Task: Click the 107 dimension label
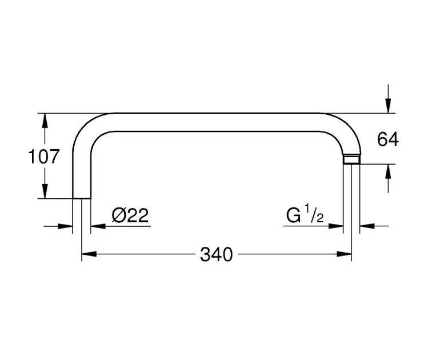pos(44,157)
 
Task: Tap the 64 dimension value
pos(388,139)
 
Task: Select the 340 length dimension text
pos(217,254)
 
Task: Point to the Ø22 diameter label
pos(130,215)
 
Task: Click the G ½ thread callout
pos(305,214)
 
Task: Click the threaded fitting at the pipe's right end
pos(352,159)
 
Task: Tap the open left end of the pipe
pos(82,198)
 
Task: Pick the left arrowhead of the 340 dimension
pos(89,254)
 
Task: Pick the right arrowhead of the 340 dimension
pos(344,254)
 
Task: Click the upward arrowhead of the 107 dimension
pos(45,121)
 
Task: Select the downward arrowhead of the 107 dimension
pos(45,191)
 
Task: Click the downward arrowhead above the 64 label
pos(388,106)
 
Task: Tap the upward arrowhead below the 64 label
pos(388,171)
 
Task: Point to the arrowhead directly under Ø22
pos(98,226)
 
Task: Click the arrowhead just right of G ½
pos(336,226)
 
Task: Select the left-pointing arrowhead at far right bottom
pos(367,226)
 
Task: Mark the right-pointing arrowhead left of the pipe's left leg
pos(66,226)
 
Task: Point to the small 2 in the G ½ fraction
pos(320,218)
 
